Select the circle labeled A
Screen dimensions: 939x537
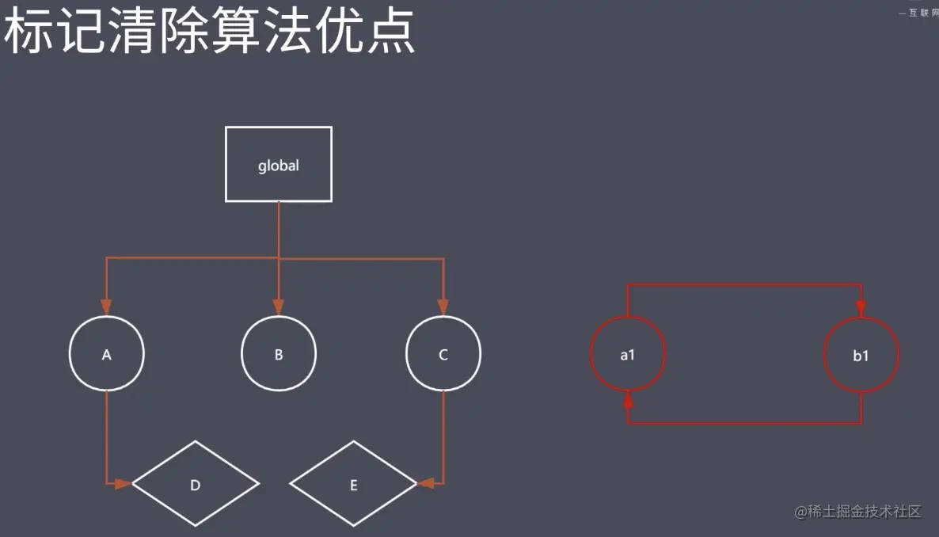tap(107, 354)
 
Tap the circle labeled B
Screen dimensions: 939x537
tap(279, 354)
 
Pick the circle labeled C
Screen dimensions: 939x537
tap(443, 354)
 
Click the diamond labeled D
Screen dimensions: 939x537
tap(195, 484)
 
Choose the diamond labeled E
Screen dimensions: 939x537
tap(353, 484)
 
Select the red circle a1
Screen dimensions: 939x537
tap(628, 355)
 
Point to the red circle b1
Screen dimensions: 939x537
tap(861, 355)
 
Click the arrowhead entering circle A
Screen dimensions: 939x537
tap(107, 307)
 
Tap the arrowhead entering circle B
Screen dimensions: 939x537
tap(279, 307)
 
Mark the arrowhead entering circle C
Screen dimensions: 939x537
tap(443, 307)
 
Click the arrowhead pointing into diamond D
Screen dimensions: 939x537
tap(123, 483)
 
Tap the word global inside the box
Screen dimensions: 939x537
tap(279, 166)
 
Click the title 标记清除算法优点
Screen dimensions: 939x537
tap(210, 33)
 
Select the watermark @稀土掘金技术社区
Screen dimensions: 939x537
tap(858, 511)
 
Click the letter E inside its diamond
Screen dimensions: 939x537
tap(353, 485)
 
